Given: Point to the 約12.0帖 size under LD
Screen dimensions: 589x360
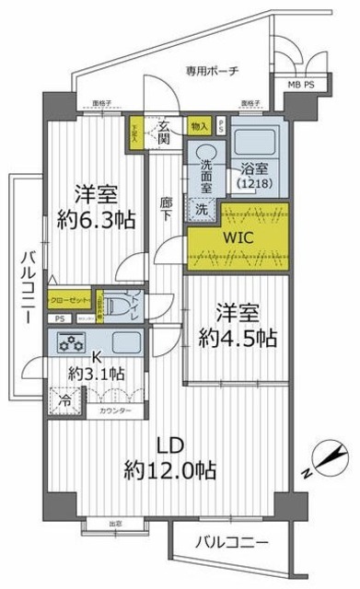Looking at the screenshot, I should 172,471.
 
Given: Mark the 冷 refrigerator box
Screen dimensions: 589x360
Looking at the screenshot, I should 64,401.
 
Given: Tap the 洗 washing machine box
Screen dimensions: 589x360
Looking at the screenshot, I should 201,208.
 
